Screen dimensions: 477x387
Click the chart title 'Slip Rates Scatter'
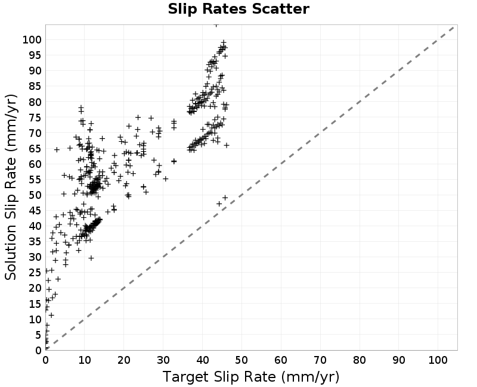(x=238, y=9)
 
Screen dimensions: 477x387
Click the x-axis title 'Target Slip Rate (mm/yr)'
(x=251, y=377)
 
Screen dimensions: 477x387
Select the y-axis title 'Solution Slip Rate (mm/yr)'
(x=11, y=187)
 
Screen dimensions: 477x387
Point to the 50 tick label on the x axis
(x=241, y=360)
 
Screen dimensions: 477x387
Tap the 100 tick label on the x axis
(x=438, y=360)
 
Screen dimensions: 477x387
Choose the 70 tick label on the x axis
(x=320, y=360)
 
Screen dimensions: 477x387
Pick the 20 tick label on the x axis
(x=124, y=360)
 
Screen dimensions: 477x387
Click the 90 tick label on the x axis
(x=398, y=360)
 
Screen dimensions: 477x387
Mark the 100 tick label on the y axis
(x=32, y=39)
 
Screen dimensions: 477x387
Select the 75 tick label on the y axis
(x=35, y=117)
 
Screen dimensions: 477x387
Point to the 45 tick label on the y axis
(x=35, y=211)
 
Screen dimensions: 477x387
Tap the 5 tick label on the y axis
(x=38, y=335)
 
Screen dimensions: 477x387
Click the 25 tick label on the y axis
(x=35, y=273)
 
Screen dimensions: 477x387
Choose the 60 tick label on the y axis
(x=35, y=164)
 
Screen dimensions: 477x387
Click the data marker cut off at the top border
(x=216, y=25)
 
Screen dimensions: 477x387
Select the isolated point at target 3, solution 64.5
(x=57, y=149)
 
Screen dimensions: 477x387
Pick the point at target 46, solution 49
(x=225, y=198)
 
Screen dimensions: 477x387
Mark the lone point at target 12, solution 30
(x=91, y=258)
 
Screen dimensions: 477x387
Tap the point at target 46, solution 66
(x=227, y=145)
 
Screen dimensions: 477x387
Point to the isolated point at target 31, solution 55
(x=166, y=179)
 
